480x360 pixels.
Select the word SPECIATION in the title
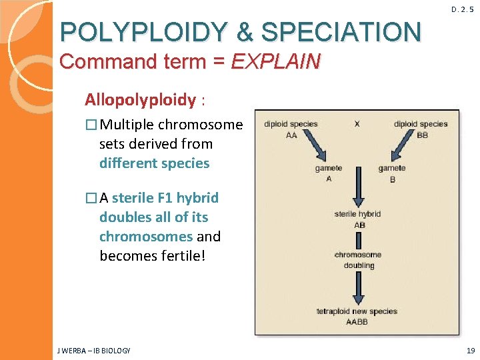[x=341, y=31]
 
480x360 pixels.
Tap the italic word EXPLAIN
[x=275, y=62]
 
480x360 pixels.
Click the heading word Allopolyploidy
[x=140, y=100]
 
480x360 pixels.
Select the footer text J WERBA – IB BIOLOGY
[x=95, y=350]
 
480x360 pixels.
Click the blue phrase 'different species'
[x=154, y=163]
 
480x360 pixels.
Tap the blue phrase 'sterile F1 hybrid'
[x=165, y=198]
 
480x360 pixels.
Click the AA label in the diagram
[x=291, y=135]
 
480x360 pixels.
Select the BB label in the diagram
[x=421, y=135]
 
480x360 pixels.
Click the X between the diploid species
[x=357, y=124]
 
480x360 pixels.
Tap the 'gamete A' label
[x=328, y=173]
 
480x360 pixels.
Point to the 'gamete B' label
[x=391, y=173]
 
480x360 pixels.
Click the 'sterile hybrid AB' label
[x=359, y=219]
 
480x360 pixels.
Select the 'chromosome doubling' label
[x=359, y=260]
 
